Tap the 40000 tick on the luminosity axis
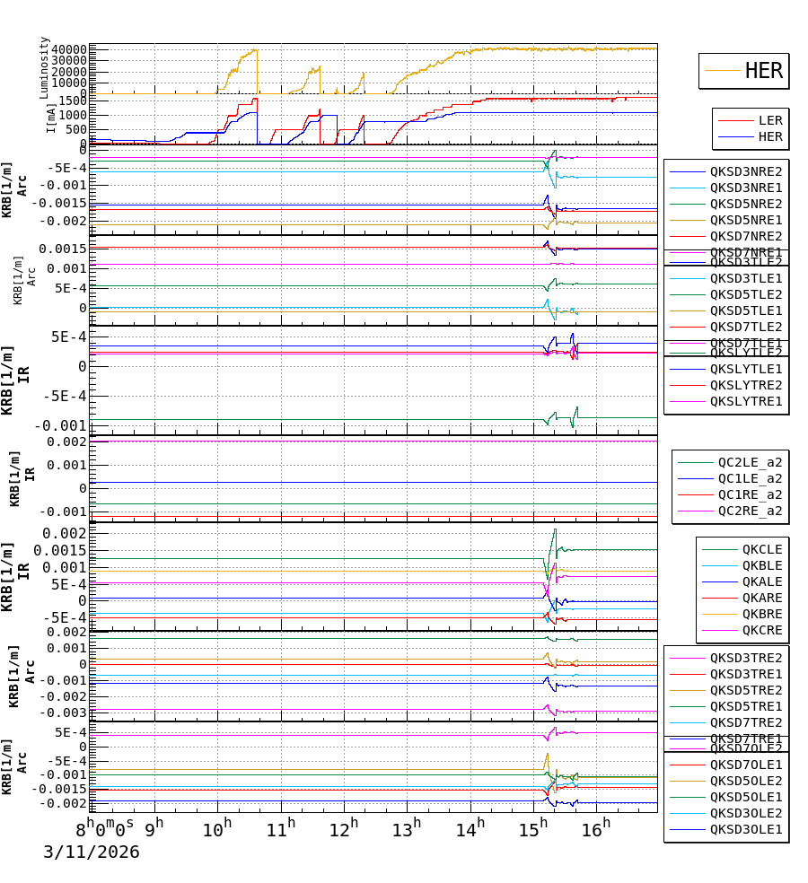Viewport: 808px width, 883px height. coord(69,50)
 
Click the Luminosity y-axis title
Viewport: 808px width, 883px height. coord(44,66)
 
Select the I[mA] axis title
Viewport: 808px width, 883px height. coord(51,118)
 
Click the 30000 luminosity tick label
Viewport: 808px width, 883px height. coord(69,61)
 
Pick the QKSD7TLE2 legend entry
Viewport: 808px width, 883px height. coord(746,327)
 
